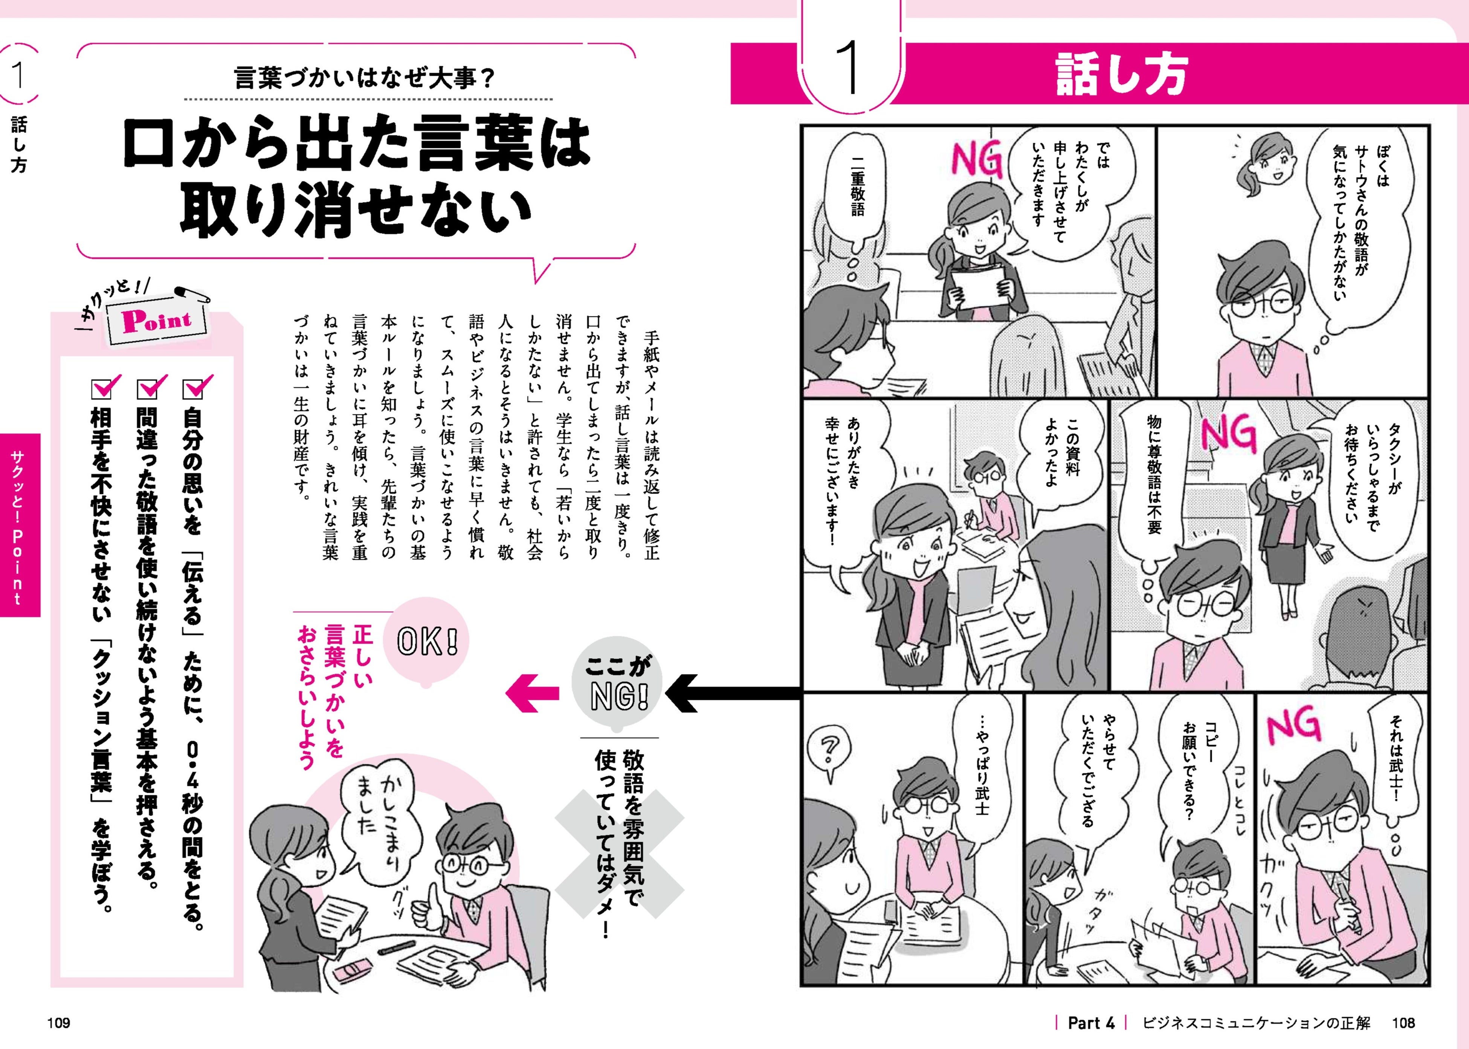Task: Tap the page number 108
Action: click(x=1403, y=1023)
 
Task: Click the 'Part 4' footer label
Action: click(x=1091, y=1023)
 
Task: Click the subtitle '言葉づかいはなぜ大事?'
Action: click(x=365, y=78)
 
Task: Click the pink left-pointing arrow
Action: click(x=531, y=692)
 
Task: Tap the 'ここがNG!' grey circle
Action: click(x=618, y=684)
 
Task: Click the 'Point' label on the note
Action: click(x=157, y=320)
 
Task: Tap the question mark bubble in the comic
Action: click(x=829, y=753)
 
